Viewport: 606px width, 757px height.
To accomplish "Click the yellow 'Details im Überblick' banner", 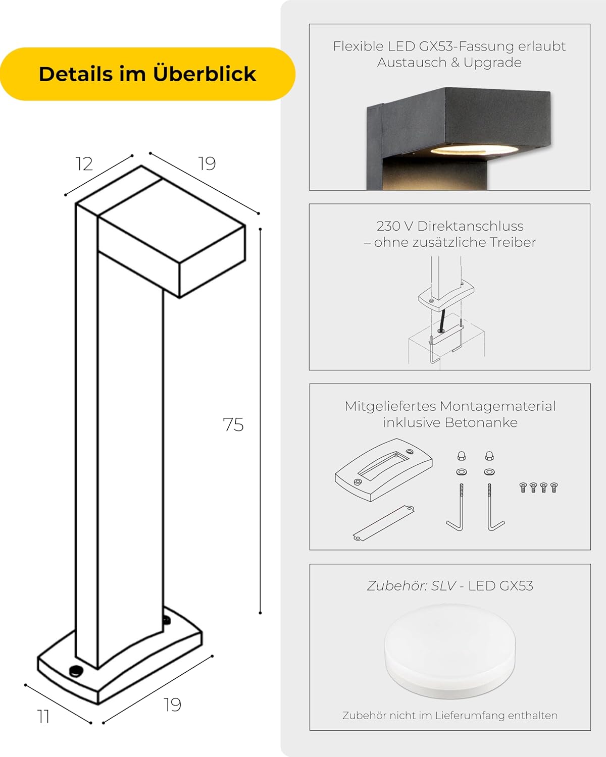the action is point(147,74).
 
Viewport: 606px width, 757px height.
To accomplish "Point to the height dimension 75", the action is point(233,424).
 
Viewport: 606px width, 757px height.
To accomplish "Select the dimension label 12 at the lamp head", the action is point(84,164).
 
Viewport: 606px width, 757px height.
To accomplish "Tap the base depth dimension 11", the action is point(43,716).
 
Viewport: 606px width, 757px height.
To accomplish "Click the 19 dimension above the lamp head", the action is point(207,163).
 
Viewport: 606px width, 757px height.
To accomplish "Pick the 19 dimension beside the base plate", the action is point(172,704).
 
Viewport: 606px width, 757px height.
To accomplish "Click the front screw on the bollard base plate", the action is point(76,671).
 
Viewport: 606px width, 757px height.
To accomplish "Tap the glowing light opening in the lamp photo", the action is point(474,151).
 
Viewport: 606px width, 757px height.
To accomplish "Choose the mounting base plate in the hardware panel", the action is point(384,469).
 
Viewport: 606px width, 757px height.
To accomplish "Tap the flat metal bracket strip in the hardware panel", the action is point(383,523).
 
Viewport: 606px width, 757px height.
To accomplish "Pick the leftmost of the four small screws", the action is point(523,487).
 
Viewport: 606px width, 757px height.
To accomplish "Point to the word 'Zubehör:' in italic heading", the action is point(397,586).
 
